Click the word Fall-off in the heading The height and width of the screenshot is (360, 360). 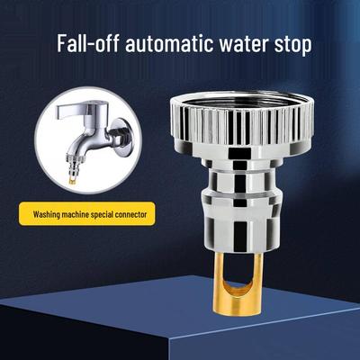pos(88,44)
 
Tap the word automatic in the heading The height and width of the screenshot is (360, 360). pos(169,44)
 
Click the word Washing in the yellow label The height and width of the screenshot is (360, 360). pos(45,215)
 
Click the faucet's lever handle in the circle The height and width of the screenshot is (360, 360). pos(81,110)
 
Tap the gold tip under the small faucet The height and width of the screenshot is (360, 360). pos(71,182)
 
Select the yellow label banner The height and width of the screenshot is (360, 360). pos(87,214)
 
